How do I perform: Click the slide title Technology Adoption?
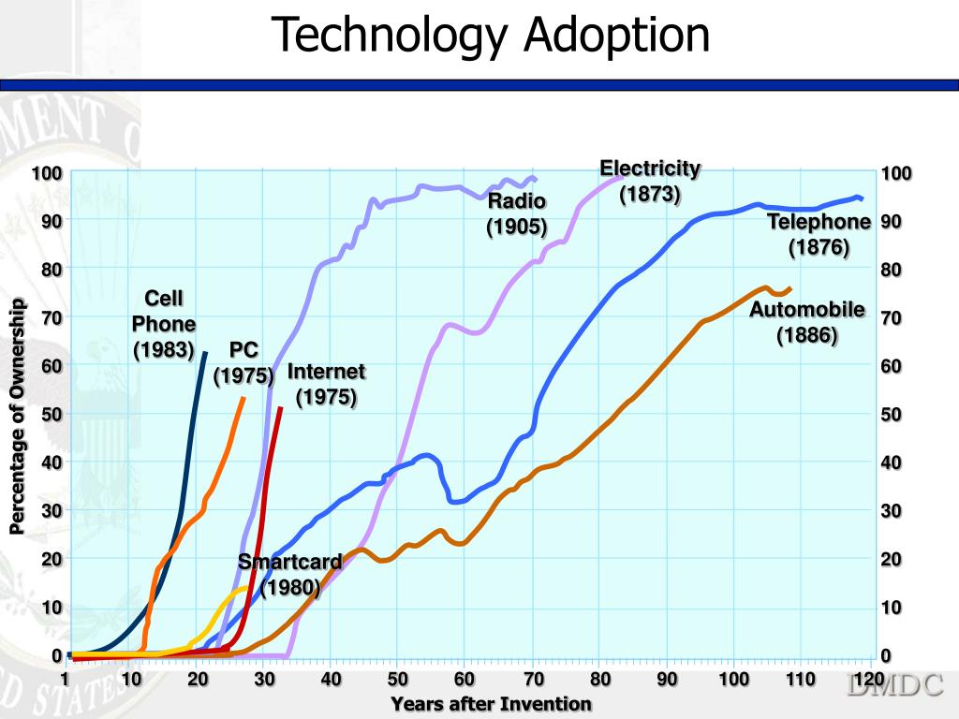[492, 36]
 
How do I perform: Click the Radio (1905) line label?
[516, 214]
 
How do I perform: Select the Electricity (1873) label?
[650, 182]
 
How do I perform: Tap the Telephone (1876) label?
[819, 234]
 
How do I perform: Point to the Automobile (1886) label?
[806, 322]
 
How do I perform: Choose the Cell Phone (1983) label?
[164, 324]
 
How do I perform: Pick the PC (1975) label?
[243, 362]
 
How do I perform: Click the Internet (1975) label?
[326, 384]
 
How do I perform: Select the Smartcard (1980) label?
[290, 575]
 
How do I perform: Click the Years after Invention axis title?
[492, 704]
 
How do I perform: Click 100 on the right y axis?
[896, 174]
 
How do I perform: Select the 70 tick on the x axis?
[532, 679]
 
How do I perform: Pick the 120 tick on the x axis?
[870, 679]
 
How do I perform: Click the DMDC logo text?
[895, 686]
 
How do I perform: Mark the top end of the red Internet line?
[280, 409]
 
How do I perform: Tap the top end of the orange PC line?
[243, 399]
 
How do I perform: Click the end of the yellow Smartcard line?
[250, 588]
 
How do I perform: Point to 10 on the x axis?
[131, 679]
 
